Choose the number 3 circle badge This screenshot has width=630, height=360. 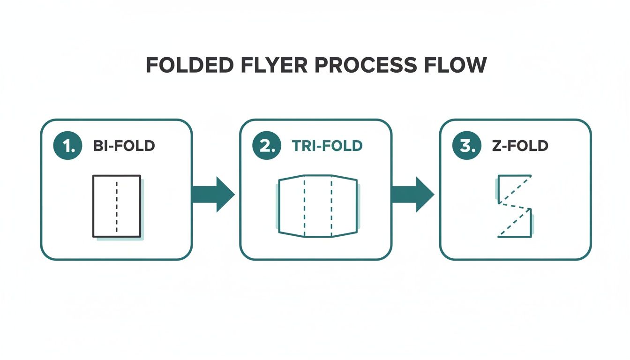466,146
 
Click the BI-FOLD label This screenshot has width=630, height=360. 124,146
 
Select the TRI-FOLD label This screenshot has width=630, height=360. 327,146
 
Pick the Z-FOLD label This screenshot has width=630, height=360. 520,146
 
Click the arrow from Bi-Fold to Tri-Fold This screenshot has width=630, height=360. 213,194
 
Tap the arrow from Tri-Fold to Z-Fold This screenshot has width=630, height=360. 412,194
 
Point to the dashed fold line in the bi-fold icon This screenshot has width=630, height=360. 117,206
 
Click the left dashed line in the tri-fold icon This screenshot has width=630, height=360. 305,206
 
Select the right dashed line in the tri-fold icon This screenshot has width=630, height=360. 331,206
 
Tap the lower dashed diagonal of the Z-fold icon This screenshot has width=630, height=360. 514,224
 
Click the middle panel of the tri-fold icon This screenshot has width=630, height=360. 318,206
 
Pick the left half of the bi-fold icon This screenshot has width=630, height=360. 105,206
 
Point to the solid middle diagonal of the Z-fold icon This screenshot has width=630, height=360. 515,207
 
